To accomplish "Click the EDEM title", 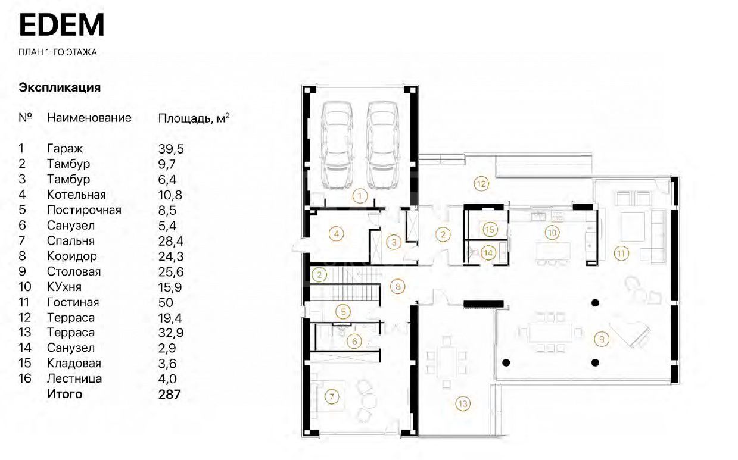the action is coord(61,24).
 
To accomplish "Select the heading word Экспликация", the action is coord(60,88).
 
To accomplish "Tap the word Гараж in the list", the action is coord(65,149).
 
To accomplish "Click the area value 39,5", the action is coord(171,149).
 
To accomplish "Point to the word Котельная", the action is coord(76,195).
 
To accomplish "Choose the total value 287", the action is coord(169,394).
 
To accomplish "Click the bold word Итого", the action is coord(64,394).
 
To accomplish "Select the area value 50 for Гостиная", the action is coord(166,302).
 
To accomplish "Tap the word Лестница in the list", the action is coord(74,378).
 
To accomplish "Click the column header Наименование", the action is coord(89,118).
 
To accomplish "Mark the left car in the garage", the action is coord(337,145).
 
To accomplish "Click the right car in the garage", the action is coord(383,145).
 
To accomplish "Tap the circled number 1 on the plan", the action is coord(360,196).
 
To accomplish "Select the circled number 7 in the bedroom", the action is coord(332,397).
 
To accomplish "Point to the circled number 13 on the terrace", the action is coord(463,403).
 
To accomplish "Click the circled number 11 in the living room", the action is coord(621,254).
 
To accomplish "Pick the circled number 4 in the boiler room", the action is coord(337,234).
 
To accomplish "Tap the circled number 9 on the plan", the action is coord(602,339).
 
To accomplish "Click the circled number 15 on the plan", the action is coord(490,229).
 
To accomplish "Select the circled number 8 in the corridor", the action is coord(398,287).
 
